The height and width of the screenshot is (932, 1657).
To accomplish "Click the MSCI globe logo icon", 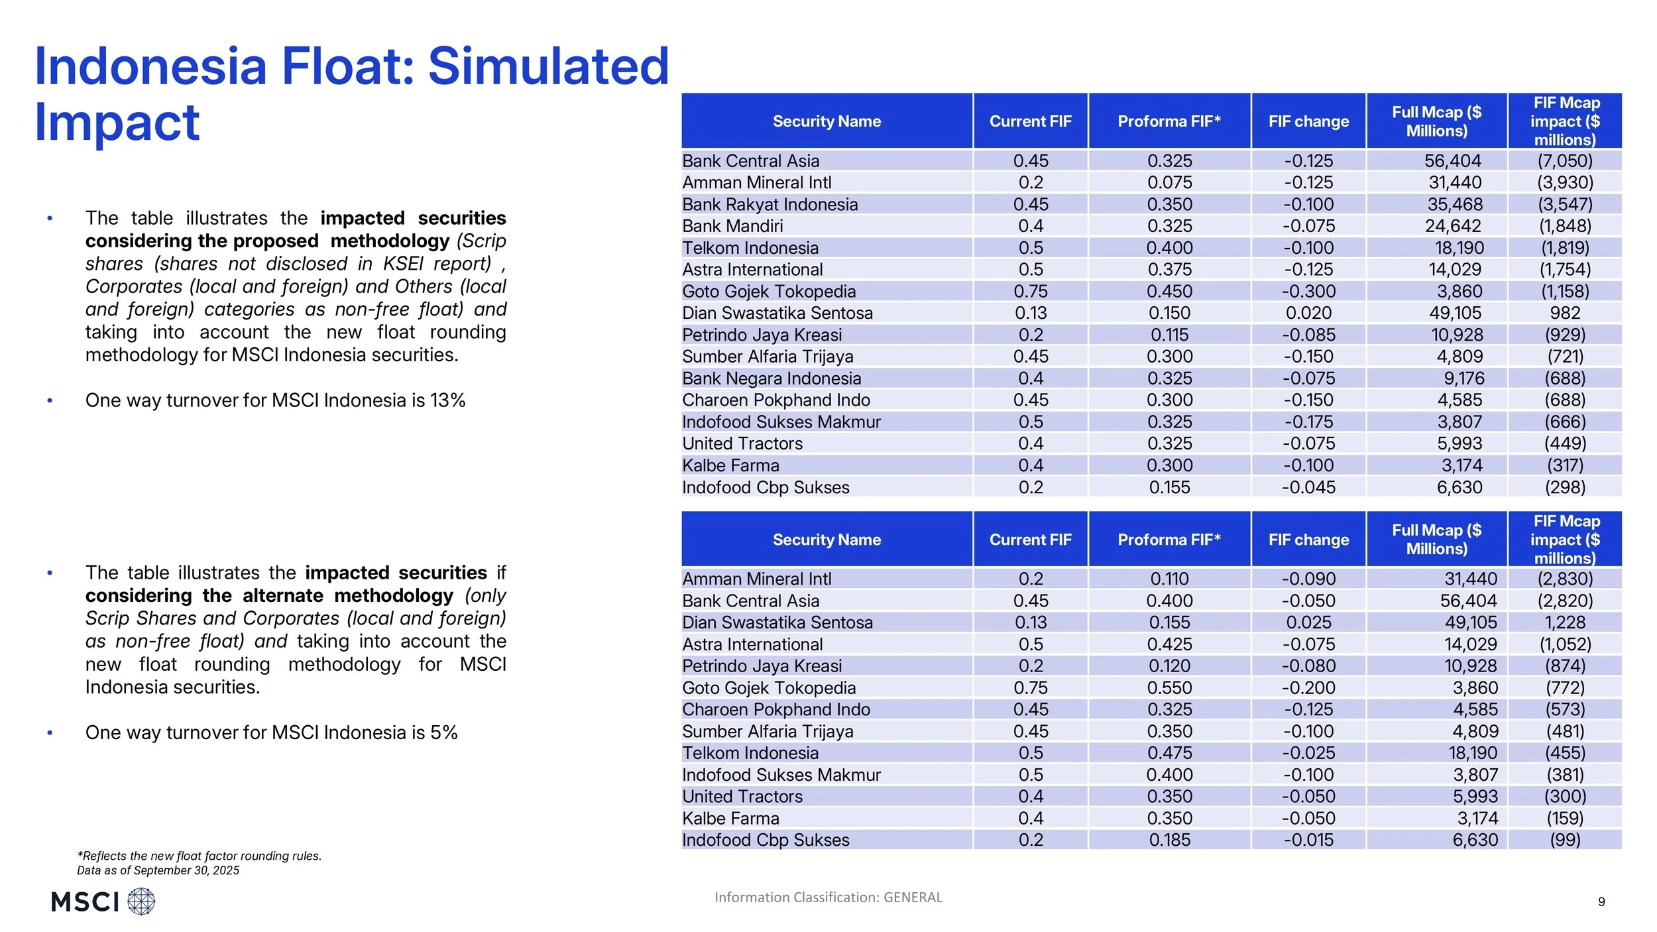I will tap(141, 902).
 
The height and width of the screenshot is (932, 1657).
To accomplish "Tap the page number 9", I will tap(1601, 902).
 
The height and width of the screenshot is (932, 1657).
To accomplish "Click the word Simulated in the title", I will tap(548, 66).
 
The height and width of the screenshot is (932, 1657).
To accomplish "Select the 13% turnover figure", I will tap(448, 400).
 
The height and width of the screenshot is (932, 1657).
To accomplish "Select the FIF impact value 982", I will tap(1565, 313).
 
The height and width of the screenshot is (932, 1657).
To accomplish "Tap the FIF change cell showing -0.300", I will tap(1308, 292).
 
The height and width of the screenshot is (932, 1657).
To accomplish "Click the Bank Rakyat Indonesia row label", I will tap(770, 204).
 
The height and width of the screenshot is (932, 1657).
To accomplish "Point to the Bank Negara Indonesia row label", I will tap(771, 379).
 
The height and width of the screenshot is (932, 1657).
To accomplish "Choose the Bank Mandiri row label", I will tap(732, 226).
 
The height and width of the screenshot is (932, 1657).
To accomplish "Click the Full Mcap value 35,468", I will tap(1455, 204).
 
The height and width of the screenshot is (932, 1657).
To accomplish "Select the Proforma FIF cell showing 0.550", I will tap(1169, 688).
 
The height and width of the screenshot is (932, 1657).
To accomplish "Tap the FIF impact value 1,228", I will tap(1565, 622).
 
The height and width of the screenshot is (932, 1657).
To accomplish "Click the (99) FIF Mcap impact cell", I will tap(1565, 840).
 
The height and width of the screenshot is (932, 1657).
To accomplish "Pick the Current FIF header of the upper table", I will tap(1030, 121).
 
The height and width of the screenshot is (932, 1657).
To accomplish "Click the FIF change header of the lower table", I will tap(1308, 540).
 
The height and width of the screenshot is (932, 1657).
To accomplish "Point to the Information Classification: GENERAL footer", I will tap(828, 898).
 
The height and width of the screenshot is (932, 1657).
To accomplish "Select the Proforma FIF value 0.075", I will tap(1169, 182).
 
